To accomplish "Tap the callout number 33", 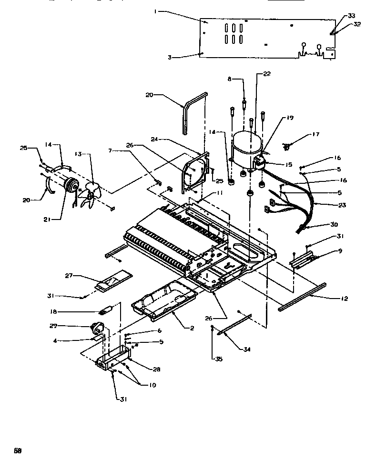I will click(351, 16).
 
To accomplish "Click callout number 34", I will click(247, 349).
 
